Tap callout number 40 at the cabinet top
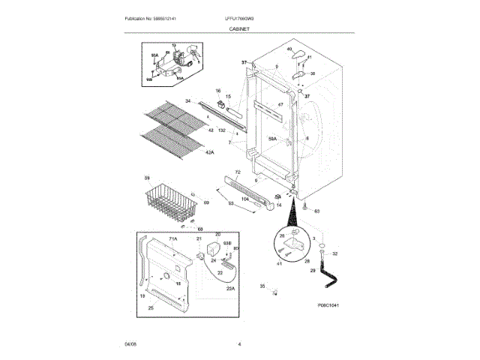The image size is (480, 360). click(289, 49)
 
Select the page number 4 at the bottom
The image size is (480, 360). click(239, 343)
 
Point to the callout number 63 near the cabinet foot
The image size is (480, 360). click(316, 211)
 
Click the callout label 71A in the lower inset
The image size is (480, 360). click(172, 238)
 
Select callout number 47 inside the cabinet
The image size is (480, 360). click(280, 104)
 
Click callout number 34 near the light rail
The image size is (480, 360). click(187, 100)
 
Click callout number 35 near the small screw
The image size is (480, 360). click(262, 286)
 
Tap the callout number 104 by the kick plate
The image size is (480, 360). click(244, 199)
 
